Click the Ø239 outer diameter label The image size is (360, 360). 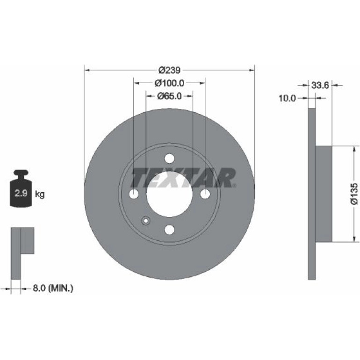(170, 70)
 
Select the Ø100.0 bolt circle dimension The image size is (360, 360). (169, 83)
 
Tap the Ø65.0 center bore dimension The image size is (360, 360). (169, 96)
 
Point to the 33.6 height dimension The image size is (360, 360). (320, 86)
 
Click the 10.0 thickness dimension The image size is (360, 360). (287, 98)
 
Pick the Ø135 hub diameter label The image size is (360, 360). (354, 194)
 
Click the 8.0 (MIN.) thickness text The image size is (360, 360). (53, 288)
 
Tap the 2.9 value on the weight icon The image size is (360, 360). (21, 193)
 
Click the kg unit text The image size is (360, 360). (40, 194)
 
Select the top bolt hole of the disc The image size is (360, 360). (169, 158)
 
